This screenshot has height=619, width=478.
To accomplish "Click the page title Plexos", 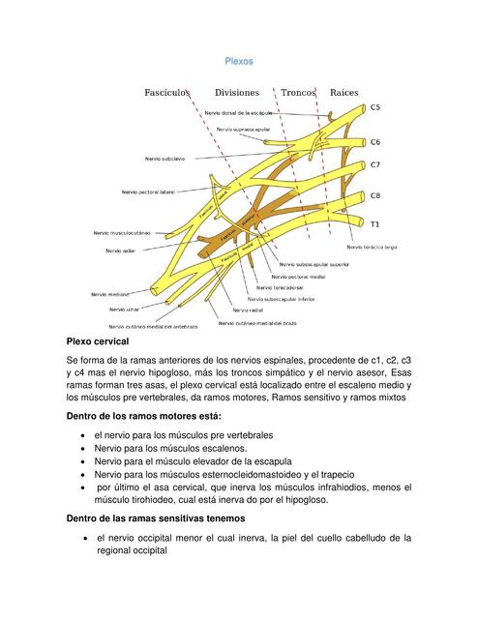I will point(238,61).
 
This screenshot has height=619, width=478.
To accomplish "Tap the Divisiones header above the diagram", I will point(237,93).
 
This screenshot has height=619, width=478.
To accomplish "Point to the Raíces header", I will point(344,93).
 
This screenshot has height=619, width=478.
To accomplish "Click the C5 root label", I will point(375,107).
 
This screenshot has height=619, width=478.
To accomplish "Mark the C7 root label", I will point(375,165).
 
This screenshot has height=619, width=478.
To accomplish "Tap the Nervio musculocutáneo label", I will point(124,232).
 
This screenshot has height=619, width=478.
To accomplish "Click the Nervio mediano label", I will point(111,293).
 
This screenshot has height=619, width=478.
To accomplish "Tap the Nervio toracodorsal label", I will point(281,287).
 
